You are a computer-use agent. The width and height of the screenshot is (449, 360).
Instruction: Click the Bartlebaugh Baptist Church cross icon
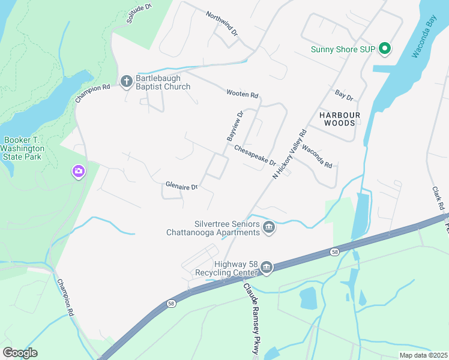pos(127,80)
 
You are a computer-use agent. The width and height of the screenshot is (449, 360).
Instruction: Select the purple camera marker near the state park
pos(79,172)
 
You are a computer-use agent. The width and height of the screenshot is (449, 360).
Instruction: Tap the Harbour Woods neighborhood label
pos(340,118)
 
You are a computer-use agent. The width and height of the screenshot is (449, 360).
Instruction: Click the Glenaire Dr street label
pos(181,187)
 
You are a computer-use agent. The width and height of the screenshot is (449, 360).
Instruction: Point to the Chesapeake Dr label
pos(255,155)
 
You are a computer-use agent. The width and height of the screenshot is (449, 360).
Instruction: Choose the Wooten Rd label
pos(242,94)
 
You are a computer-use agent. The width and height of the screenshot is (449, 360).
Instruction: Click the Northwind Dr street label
pos(221,24)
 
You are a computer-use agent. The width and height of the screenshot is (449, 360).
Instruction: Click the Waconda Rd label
pos(317,156)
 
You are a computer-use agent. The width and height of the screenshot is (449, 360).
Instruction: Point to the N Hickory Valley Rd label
pos(290,154)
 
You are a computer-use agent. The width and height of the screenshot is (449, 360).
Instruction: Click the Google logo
pos(20,352)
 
